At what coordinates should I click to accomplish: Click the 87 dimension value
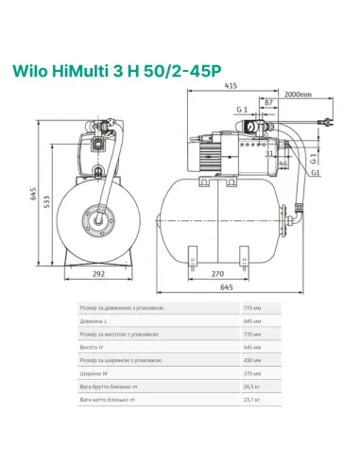[x=269, y=101]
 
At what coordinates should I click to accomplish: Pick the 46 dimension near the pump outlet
[x=283, y=164]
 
